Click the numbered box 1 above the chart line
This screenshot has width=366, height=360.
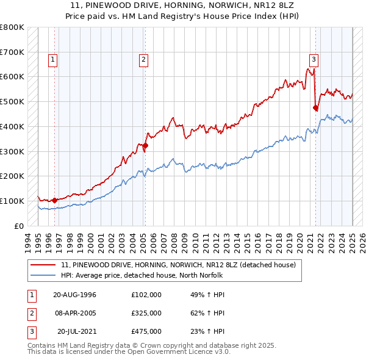54,60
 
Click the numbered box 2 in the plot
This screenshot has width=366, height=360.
143,60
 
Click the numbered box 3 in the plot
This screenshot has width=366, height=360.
313,60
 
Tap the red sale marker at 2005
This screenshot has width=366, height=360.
145,145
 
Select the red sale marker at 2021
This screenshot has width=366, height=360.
315,108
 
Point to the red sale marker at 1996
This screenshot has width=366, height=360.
54,200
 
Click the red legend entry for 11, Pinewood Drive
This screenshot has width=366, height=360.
178,265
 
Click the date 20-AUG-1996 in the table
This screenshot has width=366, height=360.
74,295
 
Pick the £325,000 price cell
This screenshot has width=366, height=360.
146,313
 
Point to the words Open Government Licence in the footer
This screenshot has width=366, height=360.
177,352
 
